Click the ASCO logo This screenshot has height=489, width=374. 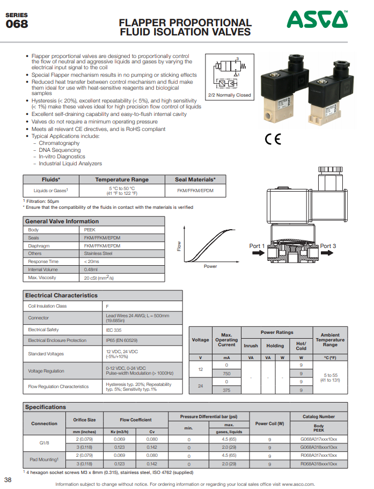(x=317, y=20)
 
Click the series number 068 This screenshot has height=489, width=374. (x=17, y=24)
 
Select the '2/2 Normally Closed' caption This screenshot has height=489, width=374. (x=229, y=95)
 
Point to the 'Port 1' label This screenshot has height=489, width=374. (x=257, y=246)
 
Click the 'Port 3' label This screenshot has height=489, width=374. (x=328, y=246)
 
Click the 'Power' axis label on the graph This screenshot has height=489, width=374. (x=210, y=266)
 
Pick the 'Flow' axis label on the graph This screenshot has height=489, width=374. (x=179, y=246)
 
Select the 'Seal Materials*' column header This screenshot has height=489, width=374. (x=195, y=179)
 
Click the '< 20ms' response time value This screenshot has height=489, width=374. (x=91, y=261)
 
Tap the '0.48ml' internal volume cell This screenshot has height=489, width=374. (x=91, y=269)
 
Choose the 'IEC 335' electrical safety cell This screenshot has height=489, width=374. (x=113, y=330)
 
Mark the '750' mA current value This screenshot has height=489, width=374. (x=226, y=373)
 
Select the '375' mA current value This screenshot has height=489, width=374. (x=226, y=390)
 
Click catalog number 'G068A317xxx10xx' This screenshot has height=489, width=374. (x=319, y=439)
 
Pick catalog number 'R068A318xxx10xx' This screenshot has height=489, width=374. (x=319, y=463)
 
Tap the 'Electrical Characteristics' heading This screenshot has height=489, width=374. (x=62, y=295)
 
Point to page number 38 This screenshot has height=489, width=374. (x=8, y=479)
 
